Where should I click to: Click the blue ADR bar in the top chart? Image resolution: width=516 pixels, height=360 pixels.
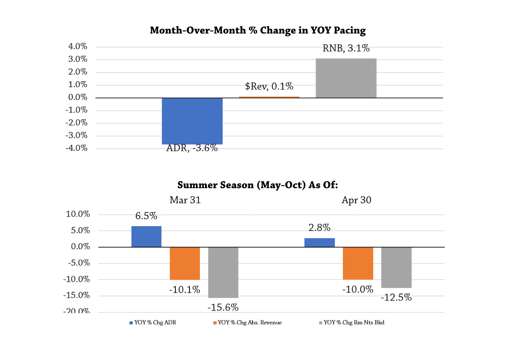(x=192, y=121)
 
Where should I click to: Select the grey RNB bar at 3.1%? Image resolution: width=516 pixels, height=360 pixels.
(x=346, y=78)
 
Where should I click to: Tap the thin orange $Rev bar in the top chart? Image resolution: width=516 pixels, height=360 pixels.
(x=269, y=97)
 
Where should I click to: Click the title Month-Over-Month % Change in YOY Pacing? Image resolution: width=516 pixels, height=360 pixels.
(x=258, y=31)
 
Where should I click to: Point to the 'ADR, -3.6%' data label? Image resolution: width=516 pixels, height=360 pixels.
(x=192, y=148)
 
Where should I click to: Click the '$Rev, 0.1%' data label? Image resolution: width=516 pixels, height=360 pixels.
(x=269, y=86)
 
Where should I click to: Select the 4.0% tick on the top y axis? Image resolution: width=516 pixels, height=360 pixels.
(x=78, y=47)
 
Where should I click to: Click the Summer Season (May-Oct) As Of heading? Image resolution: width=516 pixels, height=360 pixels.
(x=258, y=186)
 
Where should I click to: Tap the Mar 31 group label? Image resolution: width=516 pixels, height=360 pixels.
(x=185, y=200)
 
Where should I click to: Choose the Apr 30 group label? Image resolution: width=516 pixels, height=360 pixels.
(x=356, y=200)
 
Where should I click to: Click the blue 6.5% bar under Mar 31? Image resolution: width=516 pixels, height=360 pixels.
(x=146, y=237)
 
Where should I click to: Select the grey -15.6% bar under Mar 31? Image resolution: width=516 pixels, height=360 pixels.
(x=223, y=272)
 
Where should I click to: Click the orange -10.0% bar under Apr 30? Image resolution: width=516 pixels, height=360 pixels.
(x=358, y=263)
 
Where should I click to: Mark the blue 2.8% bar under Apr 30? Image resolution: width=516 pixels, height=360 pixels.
(x=319, y=243)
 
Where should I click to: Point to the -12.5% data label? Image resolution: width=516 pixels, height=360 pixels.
(x=396, y=297)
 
